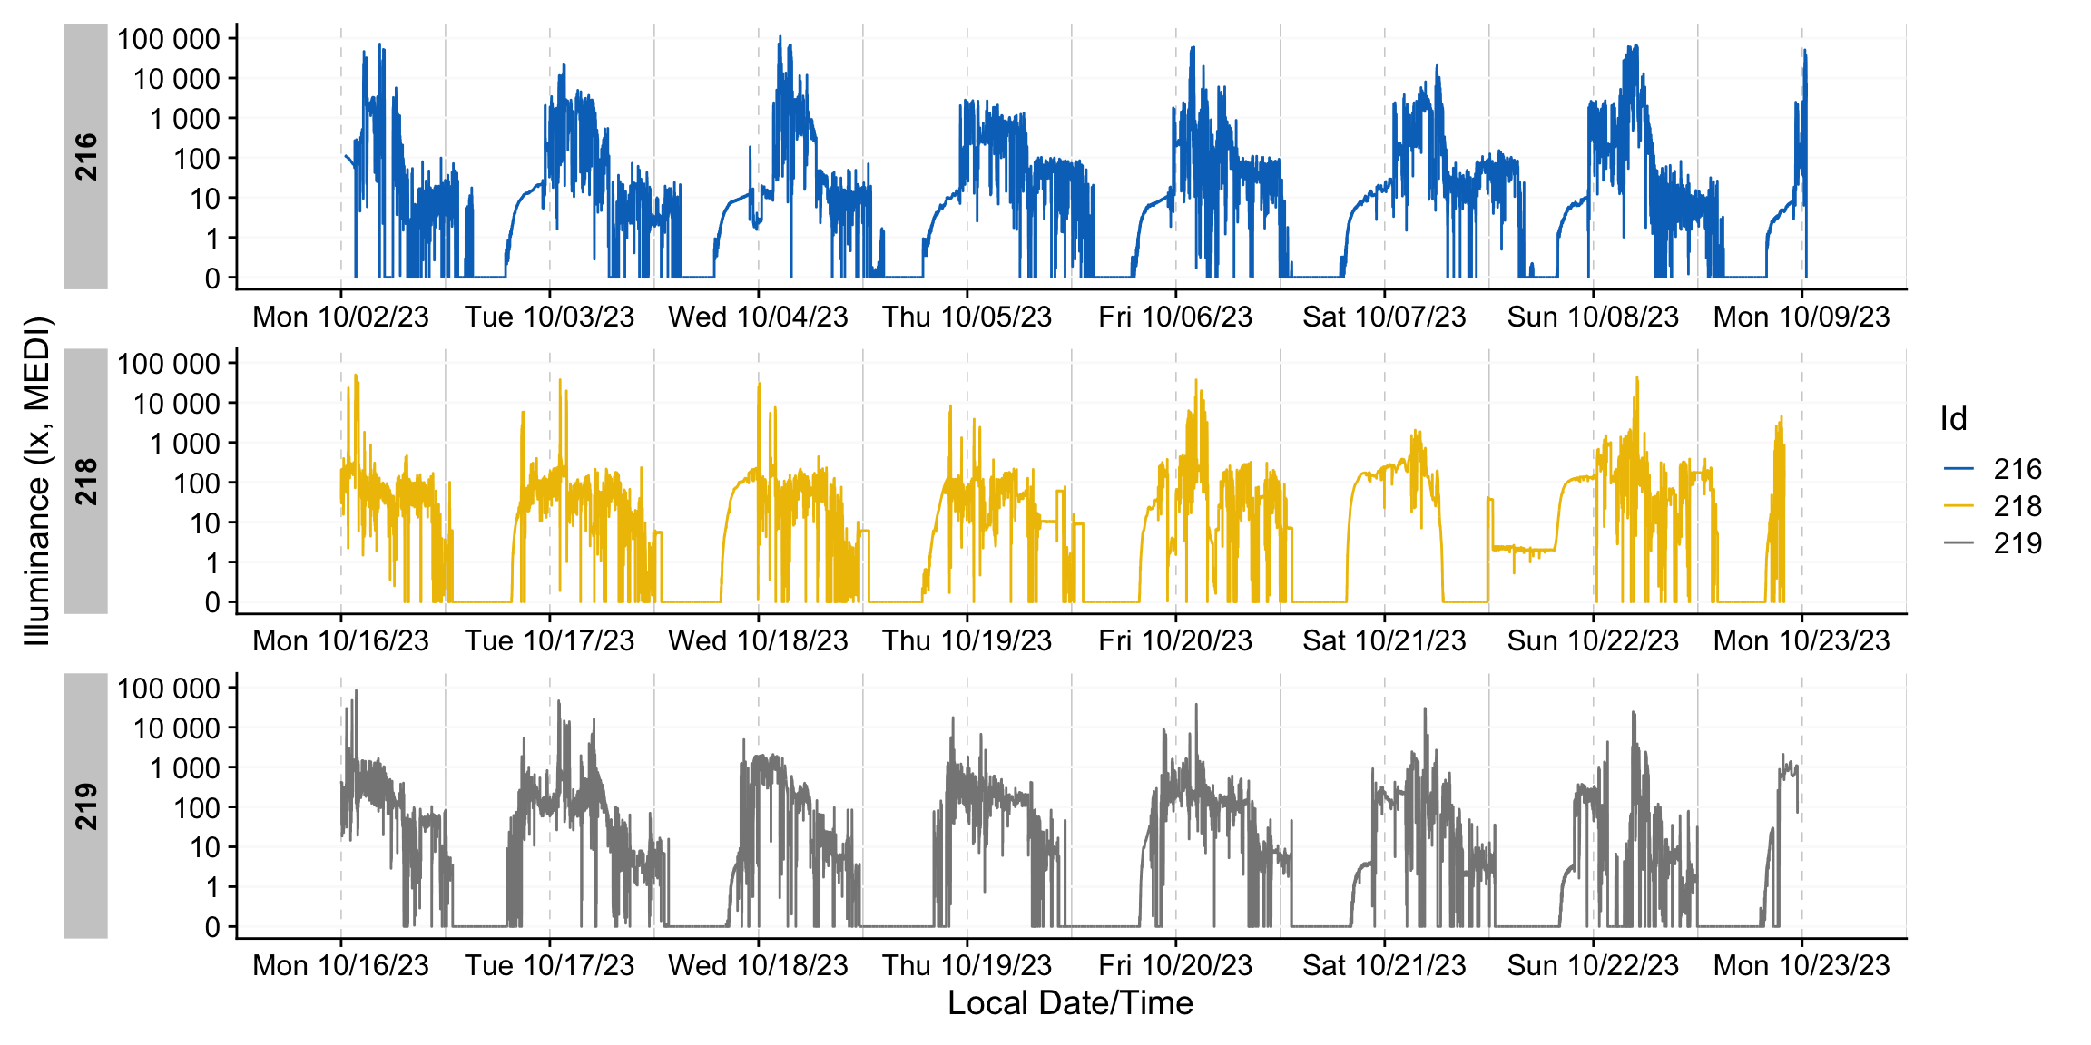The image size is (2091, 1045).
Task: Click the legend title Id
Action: [x=1953, y=419]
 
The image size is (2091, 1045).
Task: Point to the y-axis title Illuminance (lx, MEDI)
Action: [x=37, y=481]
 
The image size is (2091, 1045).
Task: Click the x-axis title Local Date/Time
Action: [x=1070, y=1003]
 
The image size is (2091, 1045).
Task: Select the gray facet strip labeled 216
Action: [x=86, y=156]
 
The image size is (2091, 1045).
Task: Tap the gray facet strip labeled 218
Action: [x=86, y=481]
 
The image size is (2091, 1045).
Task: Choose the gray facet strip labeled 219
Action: [x=86, y=806]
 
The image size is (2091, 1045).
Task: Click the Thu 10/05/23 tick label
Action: [x=967, y=317]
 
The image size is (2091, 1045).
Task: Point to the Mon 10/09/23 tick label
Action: [x=1801, y=317]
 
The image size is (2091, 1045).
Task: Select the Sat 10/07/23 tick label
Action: [x=1384, y=317]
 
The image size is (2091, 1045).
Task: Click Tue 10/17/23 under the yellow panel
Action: [x=549, y=641]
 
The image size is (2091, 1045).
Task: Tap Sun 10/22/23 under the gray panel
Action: [x=1593, y=965]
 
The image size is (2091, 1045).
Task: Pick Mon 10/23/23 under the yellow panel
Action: [x=1801, y=641]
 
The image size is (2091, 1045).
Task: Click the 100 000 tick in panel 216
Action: [x=169, y=39]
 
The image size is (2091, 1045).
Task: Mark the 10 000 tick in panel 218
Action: [x=176, y=404]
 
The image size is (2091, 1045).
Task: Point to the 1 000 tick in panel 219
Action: [x=184, y=768]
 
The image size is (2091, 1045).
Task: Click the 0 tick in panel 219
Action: [x=212, y=927]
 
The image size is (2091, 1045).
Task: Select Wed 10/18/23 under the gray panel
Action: [x=758, y=965]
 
